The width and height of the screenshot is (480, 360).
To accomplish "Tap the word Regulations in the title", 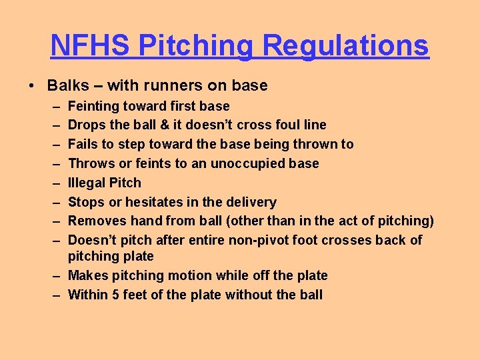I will [346, 45].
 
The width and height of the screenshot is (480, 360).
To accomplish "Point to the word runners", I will [165, 85].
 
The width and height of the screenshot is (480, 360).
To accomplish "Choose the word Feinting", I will [94, 106].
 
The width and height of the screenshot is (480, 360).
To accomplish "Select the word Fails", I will [84, 144].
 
